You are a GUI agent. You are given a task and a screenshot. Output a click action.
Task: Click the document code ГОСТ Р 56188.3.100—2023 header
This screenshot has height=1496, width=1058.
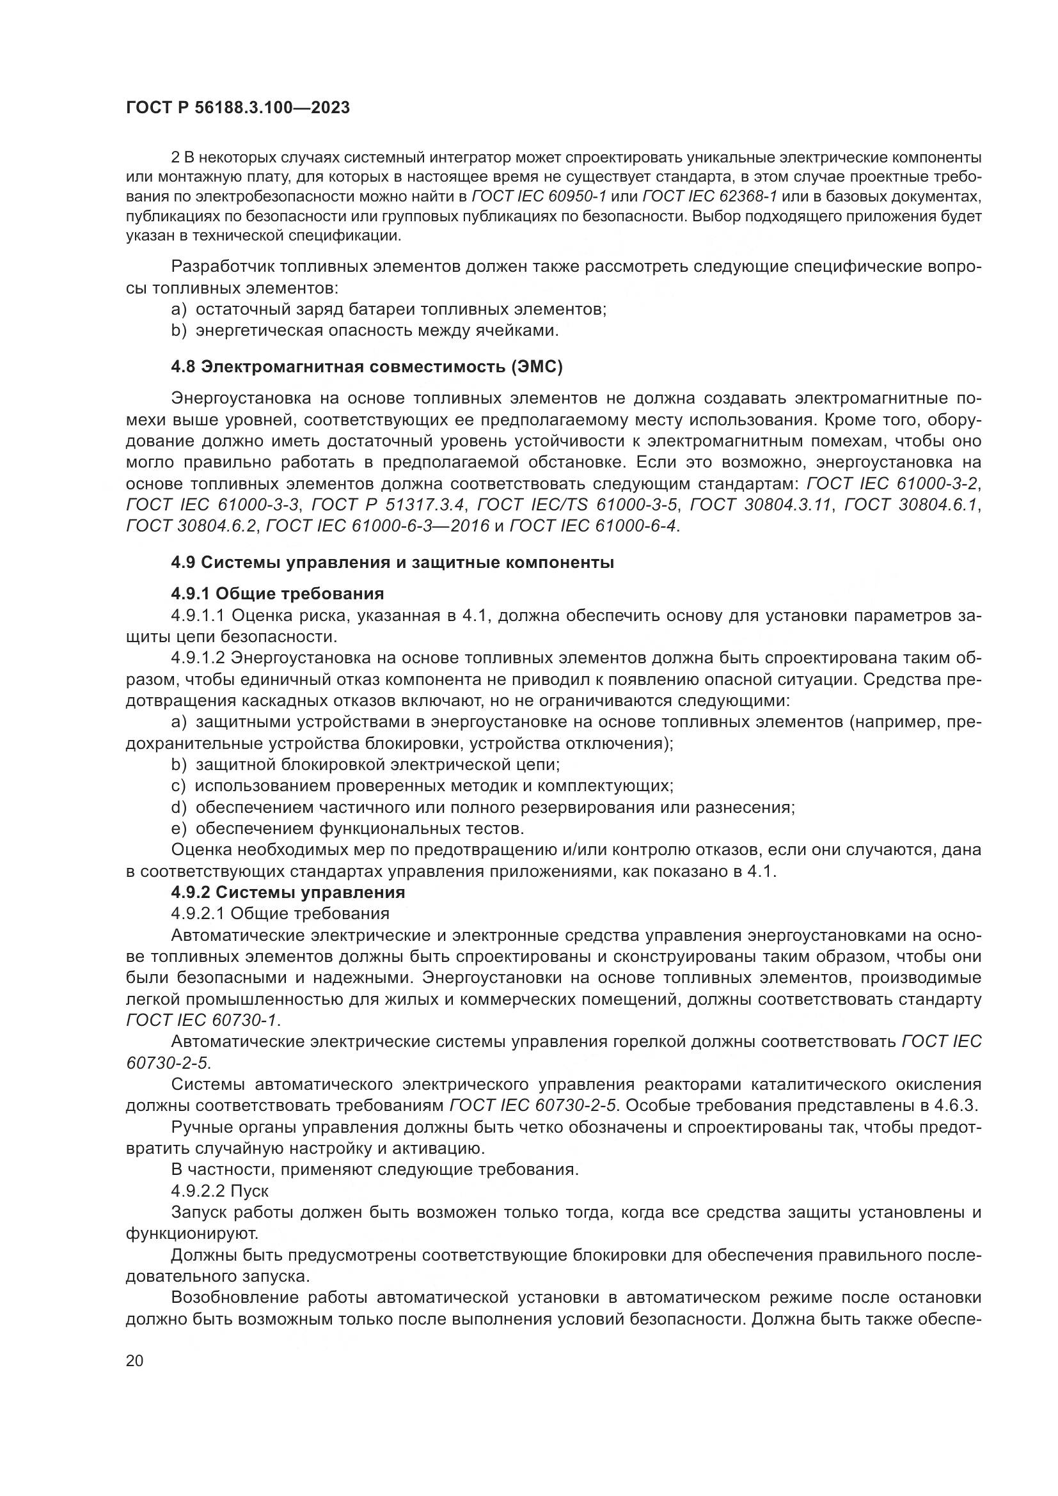(238, 108)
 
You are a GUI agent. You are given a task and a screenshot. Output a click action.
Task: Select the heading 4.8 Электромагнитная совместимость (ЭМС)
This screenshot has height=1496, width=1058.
(366, 367)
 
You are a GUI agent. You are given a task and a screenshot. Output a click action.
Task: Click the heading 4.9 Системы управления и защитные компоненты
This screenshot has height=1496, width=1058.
(392, 562)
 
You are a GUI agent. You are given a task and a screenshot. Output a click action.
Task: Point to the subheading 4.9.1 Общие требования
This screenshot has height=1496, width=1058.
(277, 594)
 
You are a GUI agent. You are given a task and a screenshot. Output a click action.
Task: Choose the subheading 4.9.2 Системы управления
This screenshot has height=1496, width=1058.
(287, 892)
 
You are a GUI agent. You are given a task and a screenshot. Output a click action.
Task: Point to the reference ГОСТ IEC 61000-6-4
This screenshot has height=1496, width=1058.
(594, 526)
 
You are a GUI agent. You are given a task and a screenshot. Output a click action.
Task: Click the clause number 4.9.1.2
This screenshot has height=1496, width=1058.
(198, 658)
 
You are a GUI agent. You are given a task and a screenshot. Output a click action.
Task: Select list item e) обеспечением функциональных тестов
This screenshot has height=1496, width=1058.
(347, 829)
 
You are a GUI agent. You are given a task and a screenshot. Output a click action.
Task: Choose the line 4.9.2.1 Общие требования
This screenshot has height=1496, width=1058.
(280, 913)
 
